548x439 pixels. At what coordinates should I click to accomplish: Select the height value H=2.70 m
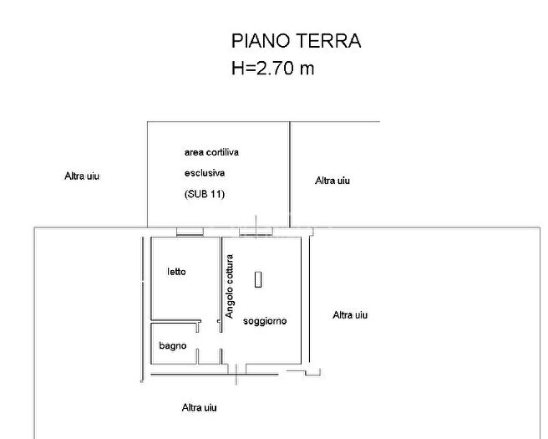(x=272, y=69)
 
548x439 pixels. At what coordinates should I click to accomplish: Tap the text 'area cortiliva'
(x=216, y=152)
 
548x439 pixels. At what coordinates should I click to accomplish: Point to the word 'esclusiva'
(x=205, y=173)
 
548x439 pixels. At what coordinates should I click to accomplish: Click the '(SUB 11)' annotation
(x=205, y=194)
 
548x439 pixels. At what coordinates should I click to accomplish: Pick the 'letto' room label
(x=176, y=272)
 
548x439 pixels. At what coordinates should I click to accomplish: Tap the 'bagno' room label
(x=173, y=346)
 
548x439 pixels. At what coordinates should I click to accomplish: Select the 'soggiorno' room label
(x=265, y=321)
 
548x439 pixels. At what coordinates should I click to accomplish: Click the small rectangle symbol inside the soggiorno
(x=259, y=279)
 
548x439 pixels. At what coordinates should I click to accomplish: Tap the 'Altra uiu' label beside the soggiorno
(x=350, y=315)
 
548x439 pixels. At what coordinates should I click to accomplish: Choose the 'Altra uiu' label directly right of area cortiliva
(x=332, y=180)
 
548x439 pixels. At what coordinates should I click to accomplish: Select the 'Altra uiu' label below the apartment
(x=200, y=407)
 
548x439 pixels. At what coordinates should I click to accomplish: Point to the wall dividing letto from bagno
(x=175, y=321)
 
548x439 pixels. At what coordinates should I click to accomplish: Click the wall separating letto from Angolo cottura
(x=220, y=280)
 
